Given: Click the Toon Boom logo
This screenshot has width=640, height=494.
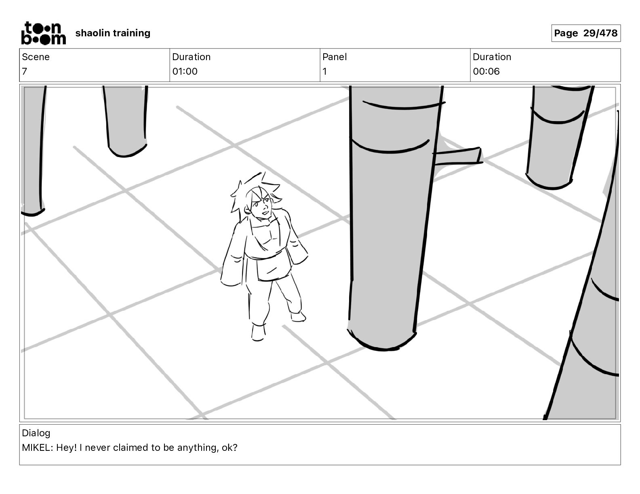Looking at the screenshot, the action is click(43, 33).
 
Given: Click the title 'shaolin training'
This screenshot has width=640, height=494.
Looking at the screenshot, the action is click(113, 33).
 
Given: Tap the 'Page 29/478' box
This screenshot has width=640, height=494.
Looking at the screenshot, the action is click(585, 33).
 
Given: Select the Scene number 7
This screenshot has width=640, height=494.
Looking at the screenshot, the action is click(25, 71).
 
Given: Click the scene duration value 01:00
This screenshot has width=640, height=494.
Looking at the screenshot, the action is click(185, 71).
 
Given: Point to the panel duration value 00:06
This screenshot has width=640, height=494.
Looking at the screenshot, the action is click(486, 71).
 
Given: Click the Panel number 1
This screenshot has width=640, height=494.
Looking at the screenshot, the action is click(324, 71).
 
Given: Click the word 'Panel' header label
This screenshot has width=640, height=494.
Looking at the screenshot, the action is click(335, 57).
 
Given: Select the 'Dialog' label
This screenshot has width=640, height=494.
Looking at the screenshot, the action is click(36, 433).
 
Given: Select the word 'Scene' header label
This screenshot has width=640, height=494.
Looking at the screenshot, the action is click(36, 57).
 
